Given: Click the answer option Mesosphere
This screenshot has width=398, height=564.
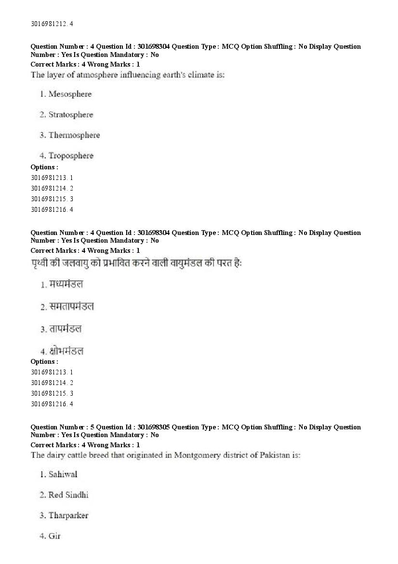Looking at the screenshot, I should pos(69,94).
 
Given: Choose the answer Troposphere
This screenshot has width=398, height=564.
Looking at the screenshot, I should pos(71,156).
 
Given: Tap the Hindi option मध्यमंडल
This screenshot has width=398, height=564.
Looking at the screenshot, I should pos(66,284).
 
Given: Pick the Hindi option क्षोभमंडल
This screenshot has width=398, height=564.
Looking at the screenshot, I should pos(66,351).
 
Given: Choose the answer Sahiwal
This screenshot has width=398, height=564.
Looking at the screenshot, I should pos(63,474).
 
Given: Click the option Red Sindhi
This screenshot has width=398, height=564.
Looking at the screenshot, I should pos(68,495).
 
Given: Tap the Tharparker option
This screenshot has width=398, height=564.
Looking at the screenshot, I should pos(68,516).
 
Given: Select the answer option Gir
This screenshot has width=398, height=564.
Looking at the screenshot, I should pos(54,536).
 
